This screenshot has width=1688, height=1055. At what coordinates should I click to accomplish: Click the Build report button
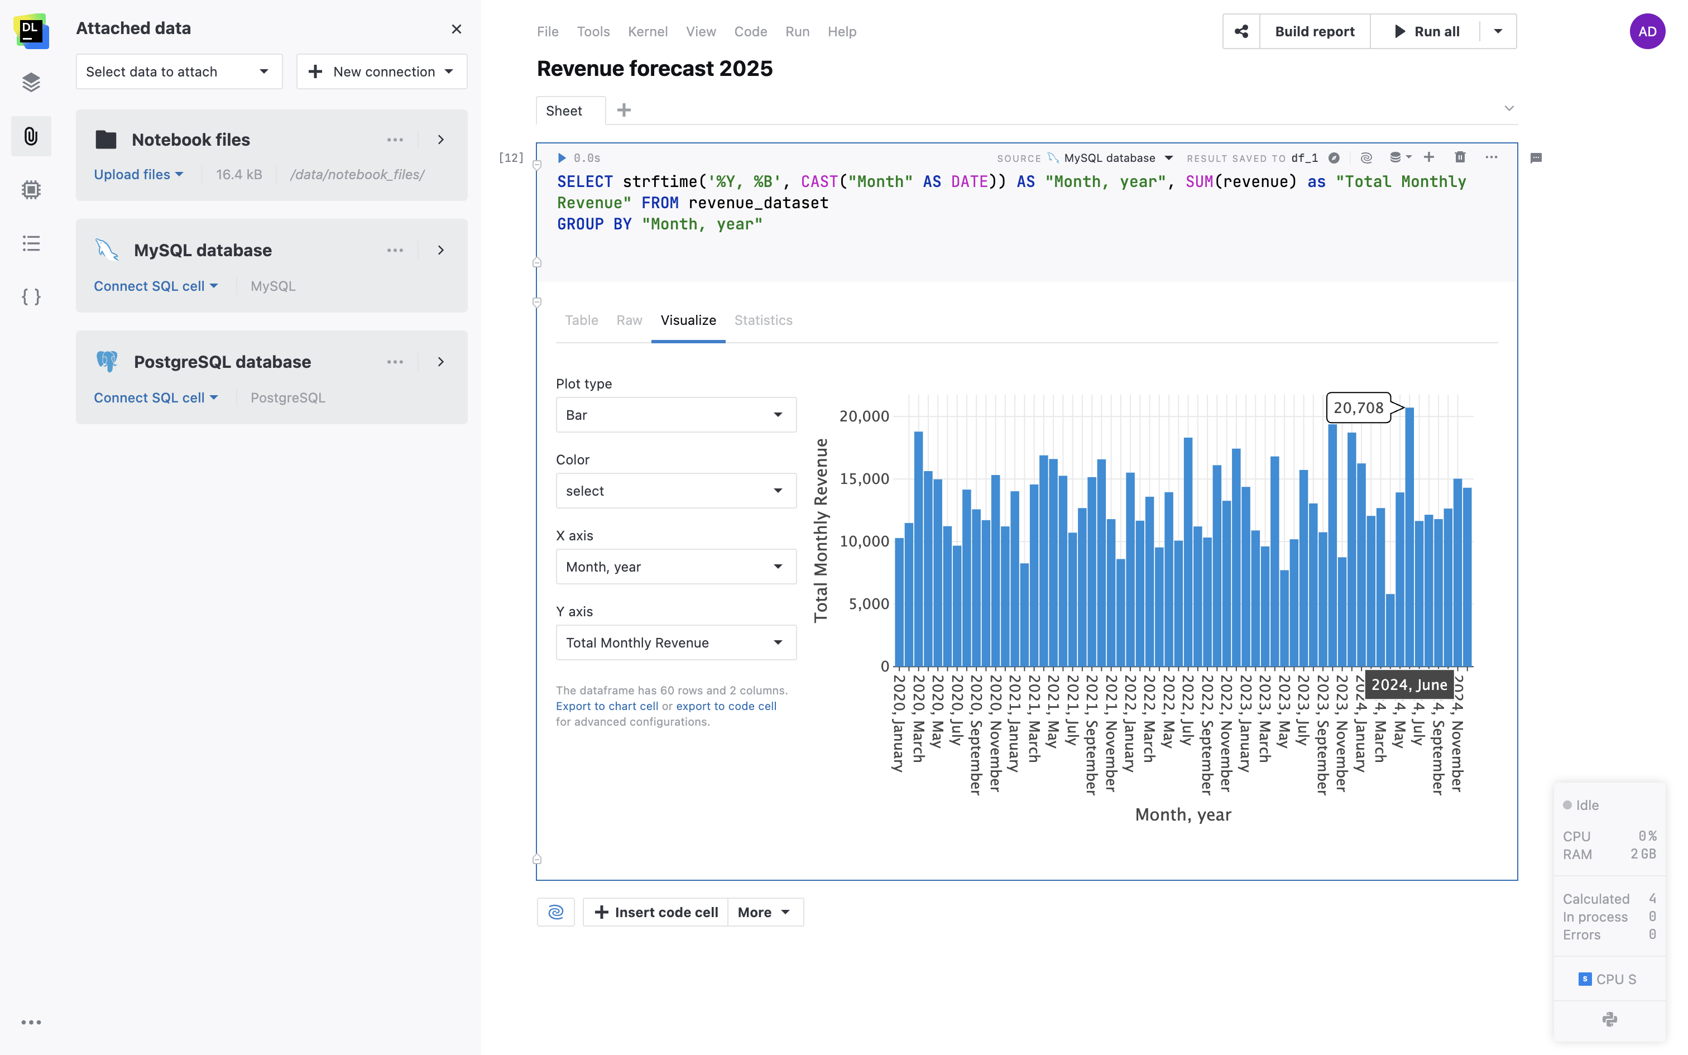click(1314, 31)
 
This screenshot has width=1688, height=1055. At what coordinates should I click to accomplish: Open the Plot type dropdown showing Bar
click(675, 415)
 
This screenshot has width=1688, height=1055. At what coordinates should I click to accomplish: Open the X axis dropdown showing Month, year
click(675, 567)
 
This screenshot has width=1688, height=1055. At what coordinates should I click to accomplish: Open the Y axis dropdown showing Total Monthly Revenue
click(675, 642)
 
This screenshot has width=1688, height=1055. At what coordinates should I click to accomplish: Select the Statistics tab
click(763, 320)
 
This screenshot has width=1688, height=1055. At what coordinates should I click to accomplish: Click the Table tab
click(581, 320)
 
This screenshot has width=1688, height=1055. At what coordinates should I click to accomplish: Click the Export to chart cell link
click(606, 706)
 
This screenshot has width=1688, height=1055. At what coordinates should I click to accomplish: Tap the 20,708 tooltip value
click(1358, 408)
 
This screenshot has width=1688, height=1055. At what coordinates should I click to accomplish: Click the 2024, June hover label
click(1408, 684)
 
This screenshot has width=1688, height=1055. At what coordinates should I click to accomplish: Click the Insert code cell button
click(656, 912)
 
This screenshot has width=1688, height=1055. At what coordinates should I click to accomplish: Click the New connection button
click(381, 72)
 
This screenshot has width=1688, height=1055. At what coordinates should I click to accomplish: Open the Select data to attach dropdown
click(179, 72)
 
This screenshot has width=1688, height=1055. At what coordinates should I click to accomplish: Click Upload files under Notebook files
click(138, 174)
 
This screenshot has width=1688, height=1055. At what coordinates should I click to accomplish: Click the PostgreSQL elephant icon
click(107, 362)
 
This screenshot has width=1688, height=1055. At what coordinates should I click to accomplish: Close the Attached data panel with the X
click(456, 28)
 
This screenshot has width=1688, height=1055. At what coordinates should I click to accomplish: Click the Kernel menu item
click(648, 31)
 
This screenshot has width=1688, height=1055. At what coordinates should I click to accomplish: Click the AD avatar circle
click(1647, 31)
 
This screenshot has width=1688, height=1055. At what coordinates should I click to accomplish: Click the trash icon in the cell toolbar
click(1460, 157)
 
